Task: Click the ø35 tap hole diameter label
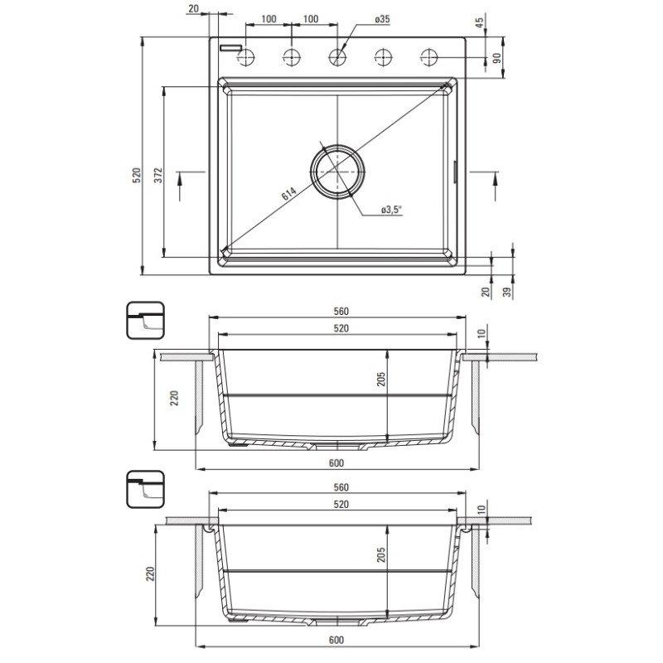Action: tap(382, 19)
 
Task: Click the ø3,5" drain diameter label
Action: tap(391, 210)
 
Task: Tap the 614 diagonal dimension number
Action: tap(288, 193)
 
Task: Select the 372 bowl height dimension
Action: tap(158, 175)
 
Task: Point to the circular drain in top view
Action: tap(337, 172)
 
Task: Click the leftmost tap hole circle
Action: tap(245, 56)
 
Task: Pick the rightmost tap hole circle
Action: tap(429, 56)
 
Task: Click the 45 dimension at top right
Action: tap(480, 23)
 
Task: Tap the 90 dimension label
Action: tap(498, 58)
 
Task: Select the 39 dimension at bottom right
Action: tap(507, 291)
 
